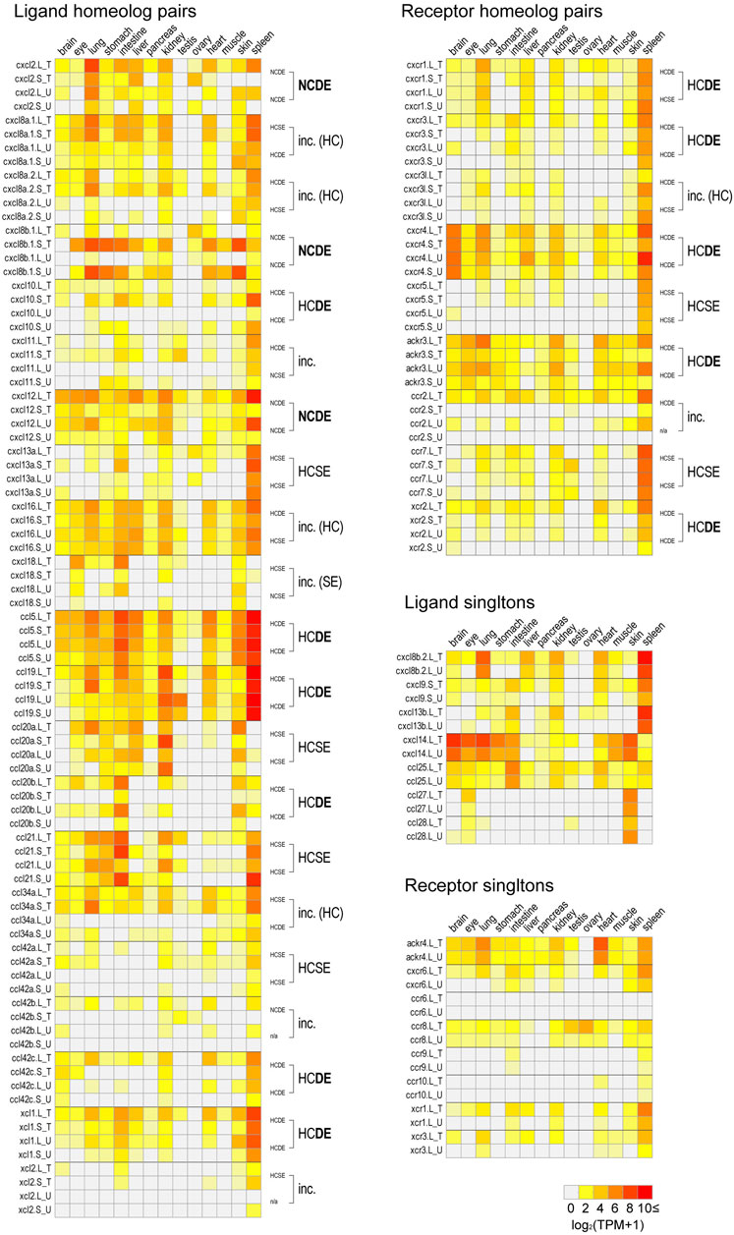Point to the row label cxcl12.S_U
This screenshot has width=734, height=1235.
click(28, 436)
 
